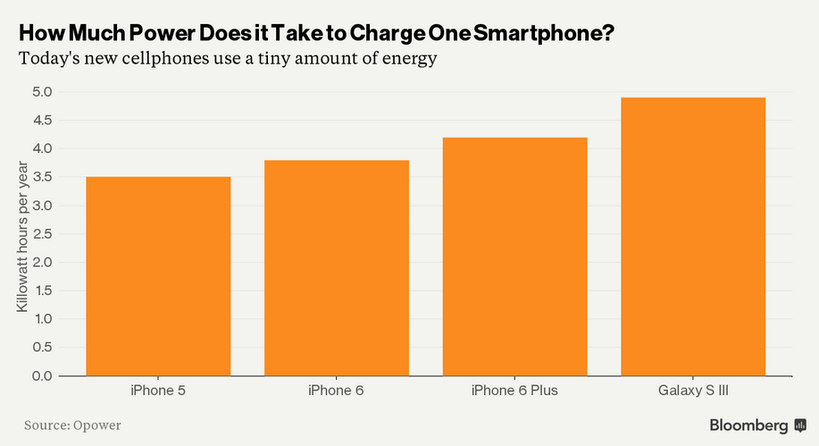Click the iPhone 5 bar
pyautogui.click(x=158, y=276)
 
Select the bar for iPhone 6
pyautogui.click(x=336, y=267)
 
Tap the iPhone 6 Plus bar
pyautogui.click(x=514, y=257)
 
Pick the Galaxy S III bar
pyautogui.click(x=693, y=236)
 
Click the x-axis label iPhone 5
pyautogui.click(x=158, y=391)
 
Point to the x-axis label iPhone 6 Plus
pyautogui.click(x=514, y=391)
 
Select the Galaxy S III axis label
pyautogui.click(x=693, y=391)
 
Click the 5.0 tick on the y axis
pyautogui.click(x=43, y=91)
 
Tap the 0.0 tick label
pyautogui.click(x=43, y=375)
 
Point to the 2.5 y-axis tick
pyautogui.click(x=43, y=233)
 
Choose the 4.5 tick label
pyautogui.click(x=43, y=120)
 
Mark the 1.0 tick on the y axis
pyautogui.click(x=43, y=318)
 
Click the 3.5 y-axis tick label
pyautogui.click(x=43, y=177)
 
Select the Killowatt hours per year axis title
pyautogui.click(x=21, y=234)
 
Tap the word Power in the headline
pyautogui.click(x=155, y=33)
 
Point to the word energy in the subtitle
pyautogui.click(x=405, y=60)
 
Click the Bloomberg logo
pyautogui.click(x=755, y=425)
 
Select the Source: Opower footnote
pyautogui.click(x=72, y=425)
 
